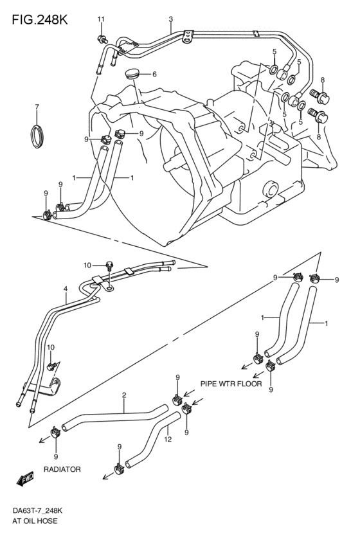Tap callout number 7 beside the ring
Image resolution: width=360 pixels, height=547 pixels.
[37, 107]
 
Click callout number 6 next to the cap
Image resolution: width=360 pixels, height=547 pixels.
[154, 74]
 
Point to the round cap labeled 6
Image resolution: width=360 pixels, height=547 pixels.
[133, 73]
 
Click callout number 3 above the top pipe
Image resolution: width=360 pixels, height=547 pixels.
[170, 19]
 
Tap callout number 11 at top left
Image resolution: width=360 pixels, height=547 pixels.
[101, 19]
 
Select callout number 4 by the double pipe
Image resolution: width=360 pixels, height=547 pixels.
[66, 289]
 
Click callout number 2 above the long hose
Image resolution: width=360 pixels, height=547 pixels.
[123, 396]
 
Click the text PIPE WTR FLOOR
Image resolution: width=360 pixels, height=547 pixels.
[231, 384]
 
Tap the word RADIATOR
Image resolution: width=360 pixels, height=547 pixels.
[62, 469]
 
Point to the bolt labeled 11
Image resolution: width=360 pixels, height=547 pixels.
[102, 38]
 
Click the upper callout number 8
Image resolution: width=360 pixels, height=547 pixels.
[322, 80]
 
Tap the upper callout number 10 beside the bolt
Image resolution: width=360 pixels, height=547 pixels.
[87, 265]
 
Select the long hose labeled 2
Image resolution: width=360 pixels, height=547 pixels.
[109, 418]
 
